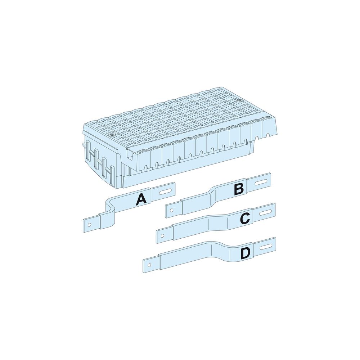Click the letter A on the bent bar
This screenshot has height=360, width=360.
tap(141, 199)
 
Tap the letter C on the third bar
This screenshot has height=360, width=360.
tap(245, 218)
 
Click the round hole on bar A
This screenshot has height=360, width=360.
tap(90, 225)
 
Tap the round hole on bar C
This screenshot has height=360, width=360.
tap(163, 235)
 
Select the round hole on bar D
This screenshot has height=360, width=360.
tap(149, 265)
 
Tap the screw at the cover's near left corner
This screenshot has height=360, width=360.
tap(111, 135)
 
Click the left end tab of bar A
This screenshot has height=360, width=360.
tap(91, 224)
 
